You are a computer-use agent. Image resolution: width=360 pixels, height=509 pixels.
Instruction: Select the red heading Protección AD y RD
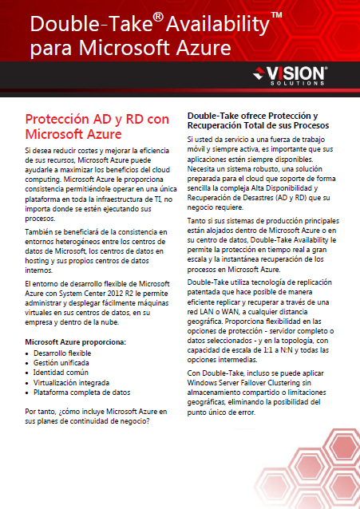point(97,119)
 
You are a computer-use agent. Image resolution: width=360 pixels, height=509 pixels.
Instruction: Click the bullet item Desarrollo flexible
point(62,352)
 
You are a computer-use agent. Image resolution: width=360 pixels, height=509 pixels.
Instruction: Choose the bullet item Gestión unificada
point(61,362)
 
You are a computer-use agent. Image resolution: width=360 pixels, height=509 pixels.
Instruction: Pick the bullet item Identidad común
point(60,372)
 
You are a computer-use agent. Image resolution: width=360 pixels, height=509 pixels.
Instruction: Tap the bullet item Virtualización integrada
point(70,382)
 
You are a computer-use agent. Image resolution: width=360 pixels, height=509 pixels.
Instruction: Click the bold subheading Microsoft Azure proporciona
point(75,341)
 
